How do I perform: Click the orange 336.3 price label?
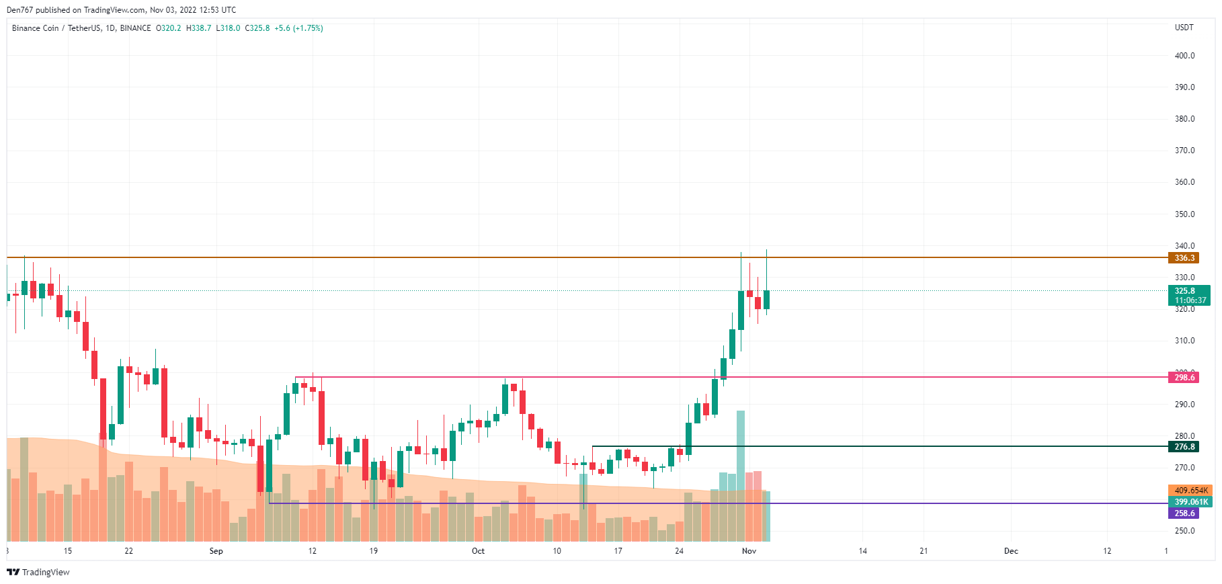coord(1184,258)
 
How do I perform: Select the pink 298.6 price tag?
coord(1184,378)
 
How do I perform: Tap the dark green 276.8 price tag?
coord(1184,447)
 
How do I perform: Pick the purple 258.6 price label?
coord(1184,513)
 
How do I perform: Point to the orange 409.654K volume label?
coord(1190,491)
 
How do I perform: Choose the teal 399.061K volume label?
coord(1190,502)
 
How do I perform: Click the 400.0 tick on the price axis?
coord(1184,56)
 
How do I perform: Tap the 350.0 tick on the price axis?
coord(1184,214)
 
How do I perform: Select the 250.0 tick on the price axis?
coord(1184,531)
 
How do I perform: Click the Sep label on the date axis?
coord(216,551)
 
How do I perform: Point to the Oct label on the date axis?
coord(478,551)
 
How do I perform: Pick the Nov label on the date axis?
coord(749,551)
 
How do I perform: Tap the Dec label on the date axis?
coord(1011,551)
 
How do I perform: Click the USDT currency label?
coord(1184,28)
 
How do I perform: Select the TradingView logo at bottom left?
coord(38,573)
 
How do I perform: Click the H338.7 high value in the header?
coord(198,28)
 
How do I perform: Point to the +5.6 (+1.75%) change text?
coord(298,28)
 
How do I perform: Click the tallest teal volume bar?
coord(741,470)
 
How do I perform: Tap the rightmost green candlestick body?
coord(766,300)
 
